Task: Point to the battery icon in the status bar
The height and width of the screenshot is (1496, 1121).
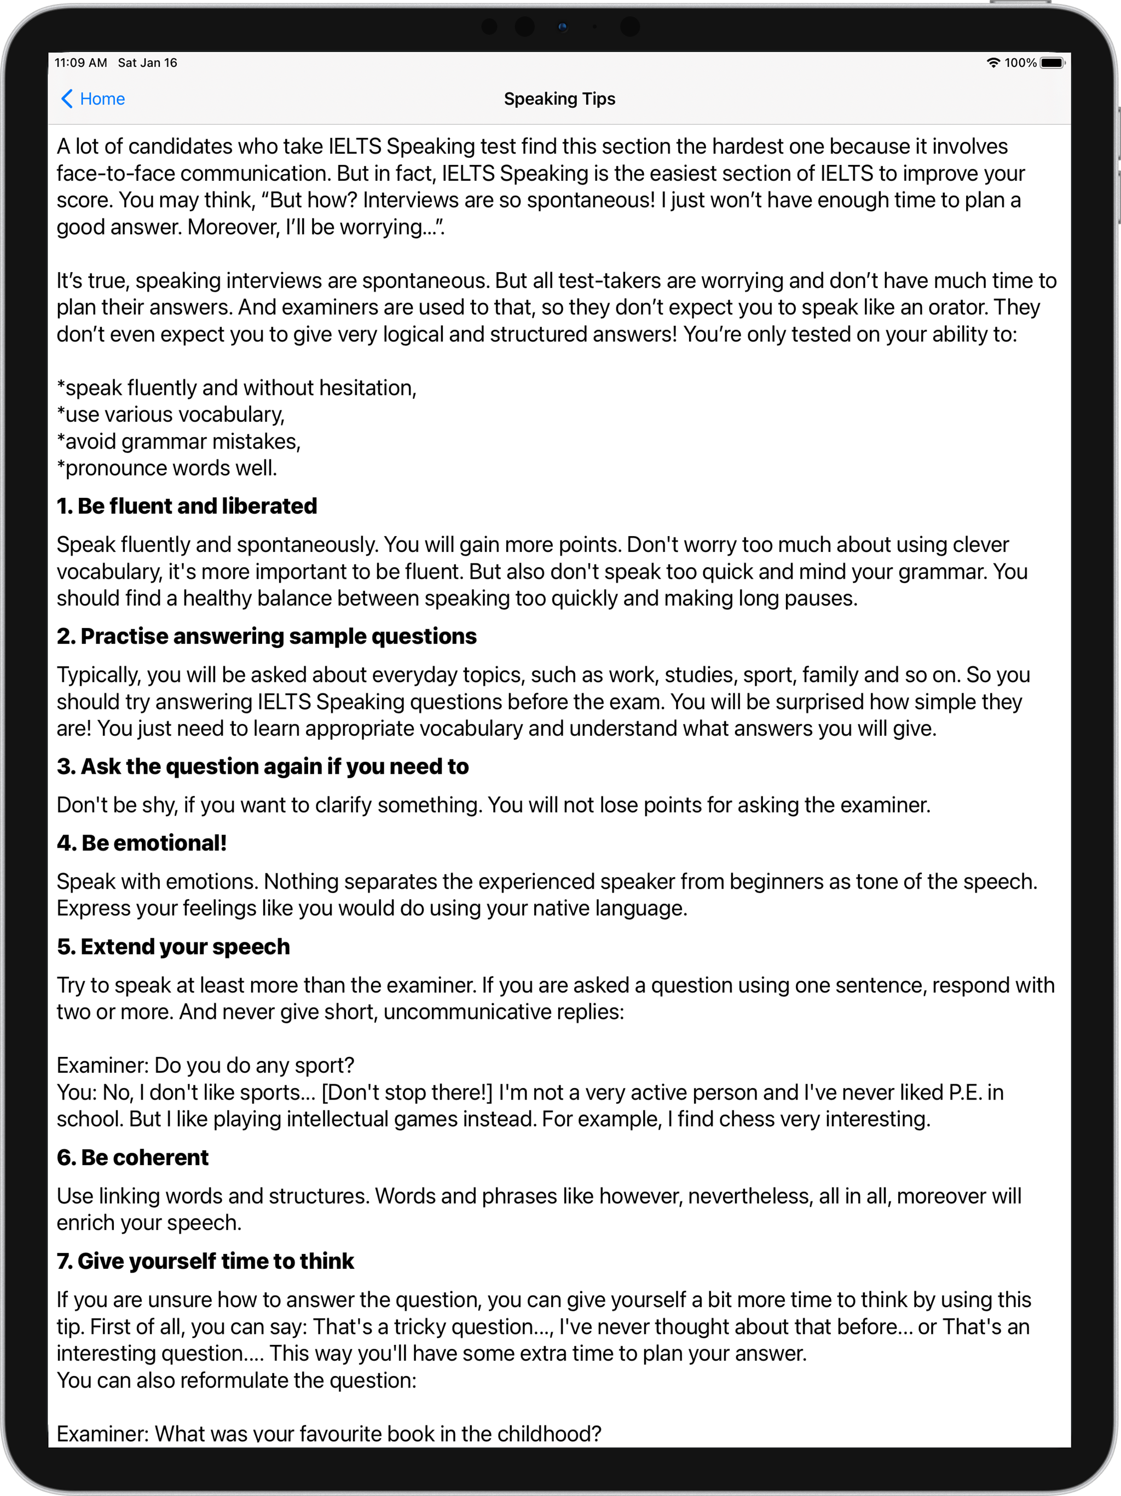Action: pos(1051,63)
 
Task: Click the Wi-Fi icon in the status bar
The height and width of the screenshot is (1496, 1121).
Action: pos(992,63)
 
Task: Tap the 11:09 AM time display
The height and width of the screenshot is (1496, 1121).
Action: pos(80,63)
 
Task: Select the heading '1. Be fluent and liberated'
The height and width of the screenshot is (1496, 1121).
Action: pos(187,506)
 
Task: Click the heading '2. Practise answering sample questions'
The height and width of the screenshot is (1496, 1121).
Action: pos(267,636)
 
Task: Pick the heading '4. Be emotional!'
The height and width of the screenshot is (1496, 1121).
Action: pos(141,843)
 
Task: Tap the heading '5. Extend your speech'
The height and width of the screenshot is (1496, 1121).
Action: pos(173,946)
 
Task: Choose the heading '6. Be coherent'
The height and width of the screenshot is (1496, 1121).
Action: pos(132,1157)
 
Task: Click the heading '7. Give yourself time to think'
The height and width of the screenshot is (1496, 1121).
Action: pos(205,1261)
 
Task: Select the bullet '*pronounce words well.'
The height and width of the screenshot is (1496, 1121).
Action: pos(167,468)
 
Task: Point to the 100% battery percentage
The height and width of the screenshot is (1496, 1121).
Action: pos(1020,63)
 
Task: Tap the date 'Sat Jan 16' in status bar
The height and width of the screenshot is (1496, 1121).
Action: pos(147,63)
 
